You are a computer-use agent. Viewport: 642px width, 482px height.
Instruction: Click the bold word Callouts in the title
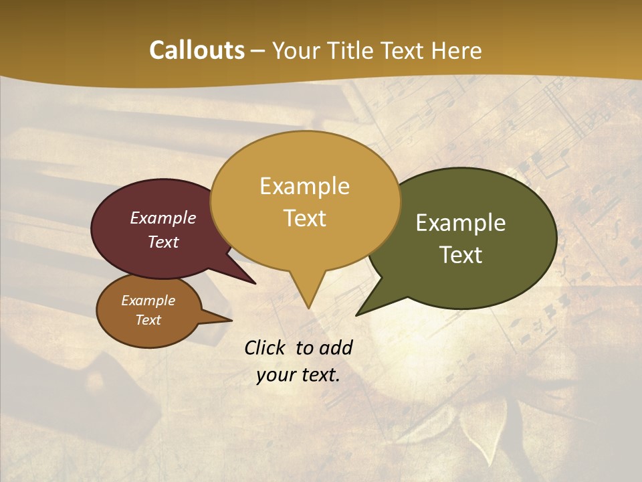(x=197, y=50)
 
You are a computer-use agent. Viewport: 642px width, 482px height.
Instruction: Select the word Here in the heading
(x=457, y=50)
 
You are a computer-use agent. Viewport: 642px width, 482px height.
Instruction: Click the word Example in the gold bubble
(x=305, y=185)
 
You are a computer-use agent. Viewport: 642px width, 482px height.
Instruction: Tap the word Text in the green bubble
(x=461, y=255)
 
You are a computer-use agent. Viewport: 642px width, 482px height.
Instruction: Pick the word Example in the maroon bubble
(x=163, y=218)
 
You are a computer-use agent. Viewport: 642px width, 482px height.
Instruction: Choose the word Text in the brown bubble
(x=148, y=320)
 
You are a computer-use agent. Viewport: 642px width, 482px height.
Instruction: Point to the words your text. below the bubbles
(x=298, y=375)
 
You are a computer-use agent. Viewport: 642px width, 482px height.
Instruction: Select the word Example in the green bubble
(x=461, y=223)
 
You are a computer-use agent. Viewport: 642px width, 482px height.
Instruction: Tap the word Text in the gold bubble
(x=305, y=218)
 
